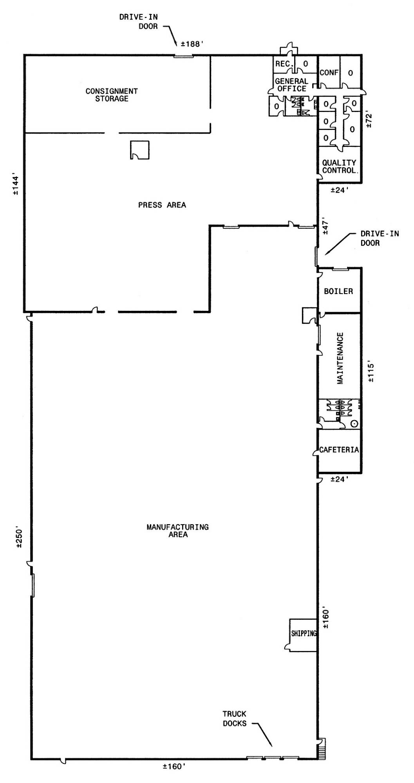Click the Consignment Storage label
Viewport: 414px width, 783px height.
click(112, 95)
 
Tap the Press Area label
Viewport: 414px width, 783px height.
click(162, 205)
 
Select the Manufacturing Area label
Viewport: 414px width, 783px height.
click(177, 530)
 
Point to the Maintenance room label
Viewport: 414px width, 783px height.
click(340, 358)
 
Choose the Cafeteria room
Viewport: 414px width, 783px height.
click(339, 451)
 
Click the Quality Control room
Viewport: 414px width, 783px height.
click(339, 164)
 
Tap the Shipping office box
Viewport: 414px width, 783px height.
click(303, 635)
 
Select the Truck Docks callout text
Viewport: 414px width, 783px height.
click(235, 718)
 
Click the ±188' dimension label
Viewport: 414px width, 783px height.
click(192, 44)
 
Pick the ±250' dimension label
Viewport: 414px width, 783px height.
click(20, 537)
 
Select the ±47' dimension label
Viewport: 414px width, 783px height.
click(325, 226)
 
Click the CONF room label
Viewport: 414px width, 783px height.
click(329, 72)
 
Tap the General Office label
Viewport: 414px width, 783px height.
click(292, 85)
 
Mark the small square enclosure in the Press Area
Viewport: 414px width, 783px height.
click(139, 150)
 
